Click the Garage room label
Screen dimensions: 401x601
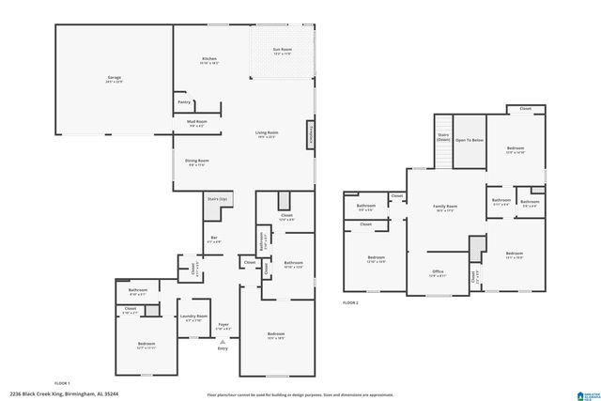pos(114,79)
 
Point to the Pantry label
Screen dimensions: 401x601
pos(183,102)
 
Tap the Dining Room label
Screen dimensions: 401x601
pos(197,162)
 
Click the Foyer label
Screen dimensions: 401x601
pos(223,326)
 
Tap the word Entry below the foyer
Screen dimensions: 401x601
pos(223,348)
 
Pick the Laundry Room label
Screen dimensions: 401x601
pos(193,317)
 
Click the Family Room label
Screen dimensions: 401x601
pos(445,207)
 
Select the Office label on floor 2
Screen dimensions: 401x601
pos(439,273)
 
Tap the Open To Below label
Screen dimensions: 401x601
pos(470,140)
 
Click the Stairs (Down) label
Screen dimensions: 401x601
pos(443,137)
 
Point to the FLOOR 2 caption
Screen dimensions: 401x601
pos(350,302)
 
